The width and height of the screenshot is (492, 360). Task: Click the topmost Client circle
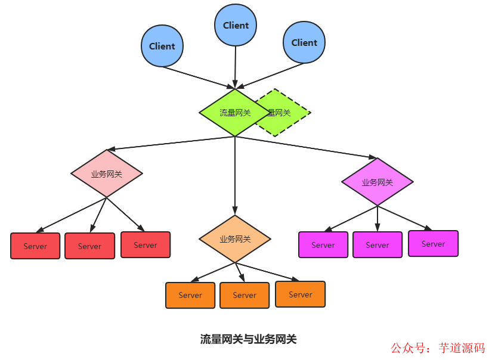click(x=236, y=25)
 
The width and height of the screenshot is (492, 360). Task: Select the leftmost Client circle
click(x=162, y=46)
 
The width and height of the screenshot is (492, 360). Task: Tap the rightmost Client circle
click(x=304, y=42)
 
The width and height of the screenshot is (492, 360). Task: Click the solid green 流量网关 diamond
click(x=233, y=113)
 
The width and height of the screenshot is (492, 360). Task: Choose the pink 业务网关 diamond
click(x=107, y=174)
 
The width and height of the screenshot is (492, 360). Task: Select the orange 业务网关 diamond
click(x=235, y=239)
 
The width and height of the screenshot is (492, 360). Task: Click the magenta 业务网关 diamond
click(x=377, y=182)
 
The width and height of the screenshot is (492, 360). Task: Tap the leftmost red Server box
click(x=35, y=246)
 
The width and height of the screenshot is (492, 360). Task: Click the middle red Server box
click(x=89, y=246)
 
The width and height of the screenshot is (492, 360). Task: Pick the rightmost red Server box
click(x=146, y=245)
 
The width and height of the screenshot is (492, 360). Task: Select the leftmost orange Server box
click(x=190, y=295)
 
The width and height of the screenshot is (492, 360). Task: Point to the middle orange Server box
click(x=245, y=295)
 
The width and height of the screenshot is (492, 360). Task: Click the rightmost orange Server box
click(x=301, y=294)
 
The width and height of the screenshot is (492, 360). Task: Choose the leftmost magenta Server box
click(x=323, y=245)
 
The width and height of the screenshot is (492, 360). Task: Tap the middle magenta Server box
click(x=377, y=245)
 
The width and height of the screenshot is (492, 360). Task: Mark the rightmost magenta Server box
click(x=434, y=244)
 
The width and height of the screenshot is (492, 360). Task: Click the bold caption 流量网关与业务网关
click(x=248, y=340)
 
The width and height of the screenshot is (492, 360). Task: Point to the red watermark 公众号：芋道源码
click(x=438, y=347)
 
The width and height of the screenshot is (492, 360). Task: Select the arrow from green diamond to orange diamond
click(x=235, y=176)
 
